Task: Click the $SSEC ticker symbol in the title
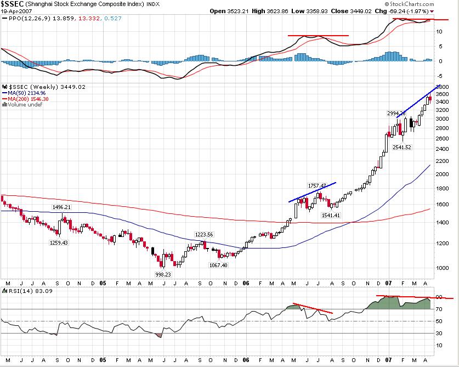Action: pos(12,4)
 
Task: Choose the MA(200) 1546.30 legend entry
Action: pos(26,99)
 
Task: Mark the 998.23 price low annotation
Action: pos(163,274)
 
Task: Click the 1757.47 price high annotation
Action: pos(316,185)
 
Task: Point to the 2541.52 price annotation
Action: pos(402,147)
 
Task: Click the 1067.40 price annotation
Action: pos(218,265)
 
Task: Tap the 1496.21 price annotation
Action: pos(61,207)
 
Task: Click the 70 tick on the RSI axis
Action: pos(440,309)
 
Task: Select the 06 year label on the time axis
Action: pos(246,283)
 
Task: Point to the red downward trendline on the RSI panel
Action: pos(313,308)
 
